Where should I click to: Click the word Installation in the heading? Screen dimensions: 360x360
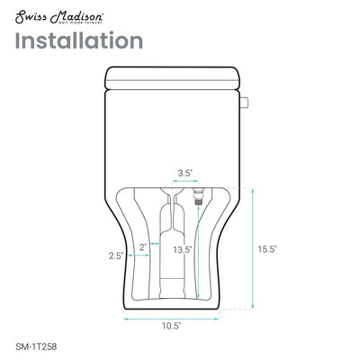[x=78, y=40]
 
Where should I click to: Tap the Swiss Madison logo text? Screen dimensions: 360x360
[x=57, y=12]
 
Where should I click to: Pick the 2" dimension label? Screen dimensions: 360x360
[x=144, y=246]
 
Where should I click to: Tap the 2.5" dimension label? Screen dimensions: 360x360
[x=116, y=256]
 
